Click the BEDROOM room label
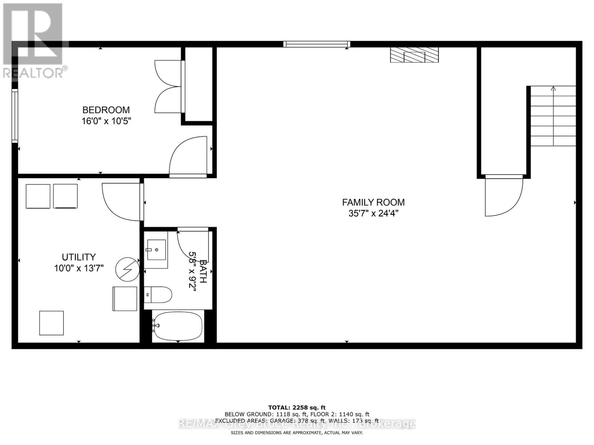(x=106, y=110)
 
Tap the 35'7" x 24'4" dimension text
(x=373, y=213)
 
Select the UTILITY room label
(x=79, y=257)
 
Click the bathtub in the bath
(x=178, y=326)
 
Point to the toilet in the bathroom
(x=158, y=295)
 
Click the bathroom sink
(x=156, y=250)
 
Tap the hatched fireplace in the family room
(x=414, y=55)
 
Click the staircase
(x=553, y=116)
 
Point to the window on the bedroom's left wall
(x=14, y=116)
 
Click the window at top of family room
(x=316, y=44)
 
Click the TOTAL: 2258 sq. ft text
(x=297, y=408)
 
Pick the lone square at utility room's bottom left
(x=52, y=323)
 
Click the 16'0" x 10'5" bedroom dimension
(x=106, y=121)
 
